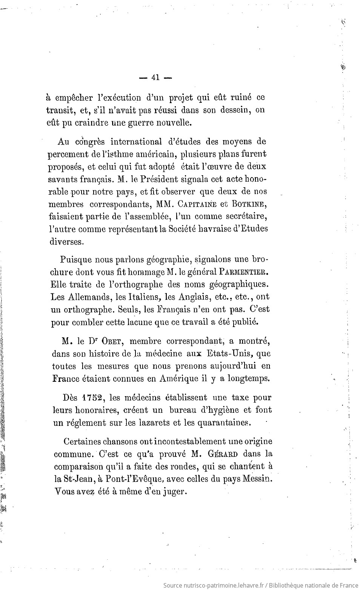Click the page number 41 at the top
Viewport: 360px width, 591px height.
coord(155,77)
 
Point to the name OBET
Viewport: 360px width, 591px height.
coord(113,341)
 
